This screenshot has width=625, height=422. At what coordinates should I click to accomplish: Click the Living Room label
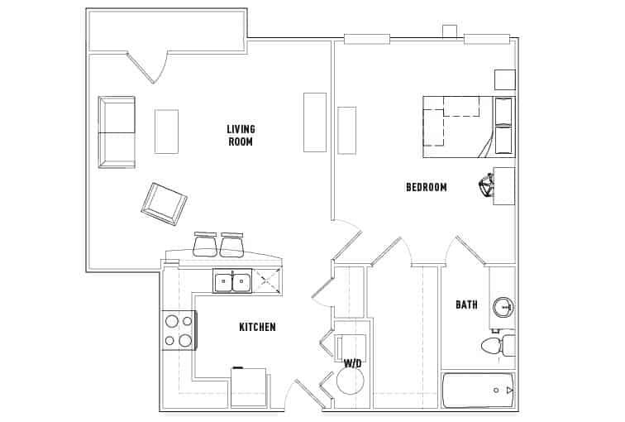(x=241, y=135)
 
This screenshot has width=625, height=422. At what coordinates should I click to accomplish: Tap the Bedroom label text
(x=426, y=187)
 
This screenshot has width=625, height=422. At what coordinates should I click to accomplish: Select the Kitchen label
(x=257, y=327)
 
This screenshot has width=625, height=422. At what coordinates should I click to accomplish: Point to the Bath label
(x=466, y=305)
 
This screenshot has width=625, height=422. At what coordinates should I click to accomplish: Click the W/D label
(x=353, y=363)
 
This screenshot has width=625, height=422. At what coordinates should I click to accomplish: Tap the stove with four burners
(x=178, y=329)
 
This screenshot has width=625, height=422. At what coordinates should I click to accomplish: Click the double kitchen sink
(x=232, y=282)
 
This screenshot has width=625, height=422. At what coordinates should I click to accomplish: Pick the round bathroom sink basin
(x=503, y=308)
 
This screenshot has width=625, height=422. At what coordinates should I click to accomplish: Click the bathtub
(x=479, y=390)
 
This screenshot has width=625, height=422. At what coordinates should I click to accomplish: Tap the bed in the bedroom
(x=468, y=127)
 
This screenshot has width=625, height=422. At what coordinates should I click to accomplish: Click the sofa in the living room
(x=116, y=132)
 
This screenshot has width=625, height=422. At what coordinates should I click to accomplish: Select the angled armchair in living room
(x=164, y=203)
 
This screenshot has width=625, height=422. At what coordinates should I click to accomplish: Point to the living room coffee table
(x=166, y=131)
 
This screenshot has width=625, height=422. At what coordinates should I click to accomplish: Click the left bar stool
(x=205, y=245)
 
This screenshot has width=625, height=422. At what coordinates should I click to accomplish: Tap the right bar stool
(x=231, y=245)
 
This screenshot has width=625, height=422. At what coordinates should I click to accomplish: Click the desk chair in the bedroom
(x=484, y=188)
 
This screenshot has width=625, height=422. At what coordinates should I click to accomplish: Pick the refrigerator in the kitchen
(x=248, y=387)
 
